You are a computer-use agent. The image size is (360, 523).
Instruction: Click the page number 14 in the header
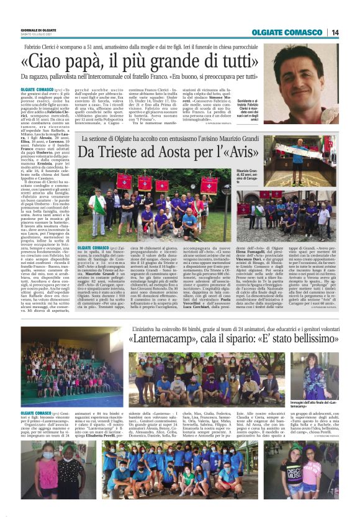(335, 32)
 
